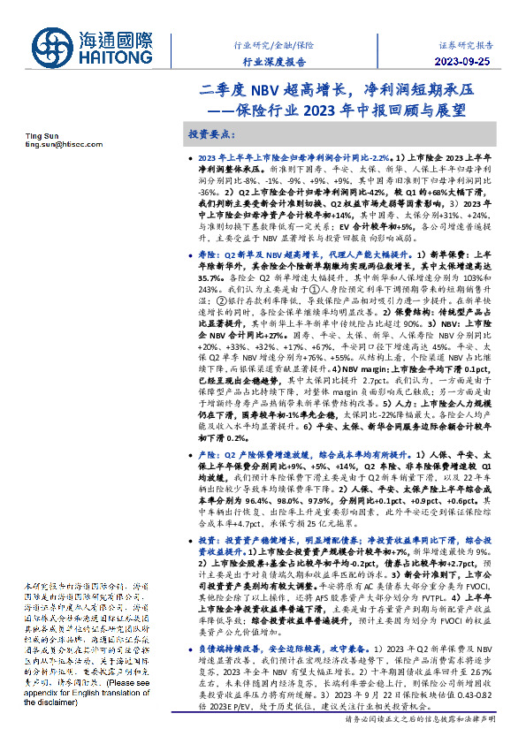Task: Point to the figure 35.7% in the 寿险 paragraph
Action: [210, 277]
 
